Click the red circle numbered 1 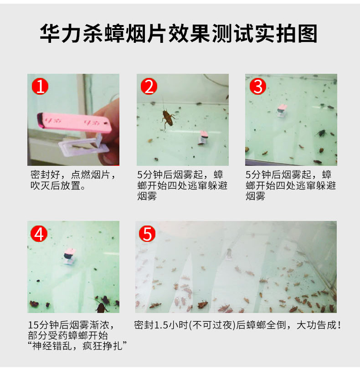(40, 87)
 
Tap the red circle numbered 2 (149, 87)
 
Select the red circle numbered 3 (258, 87)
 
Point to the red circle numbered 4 (39, 234)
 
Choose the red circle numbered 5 (147, 234)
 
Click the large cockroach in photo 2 (168, 117)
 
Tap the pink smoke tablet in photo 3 (282, 108)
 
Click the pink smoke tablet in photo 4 (69, 253)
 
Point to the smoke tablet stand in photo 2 (203, 138)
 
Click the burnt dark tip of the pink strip (40, 120)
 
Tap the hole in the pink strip (105, 123)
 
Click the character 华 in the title (50, 33)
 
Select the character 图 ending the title (308, 33)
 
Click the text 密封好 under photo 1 (45, 175)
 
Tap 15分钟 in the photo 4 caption (43, 325)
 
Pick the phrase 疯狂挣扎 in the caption (103, 346)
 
